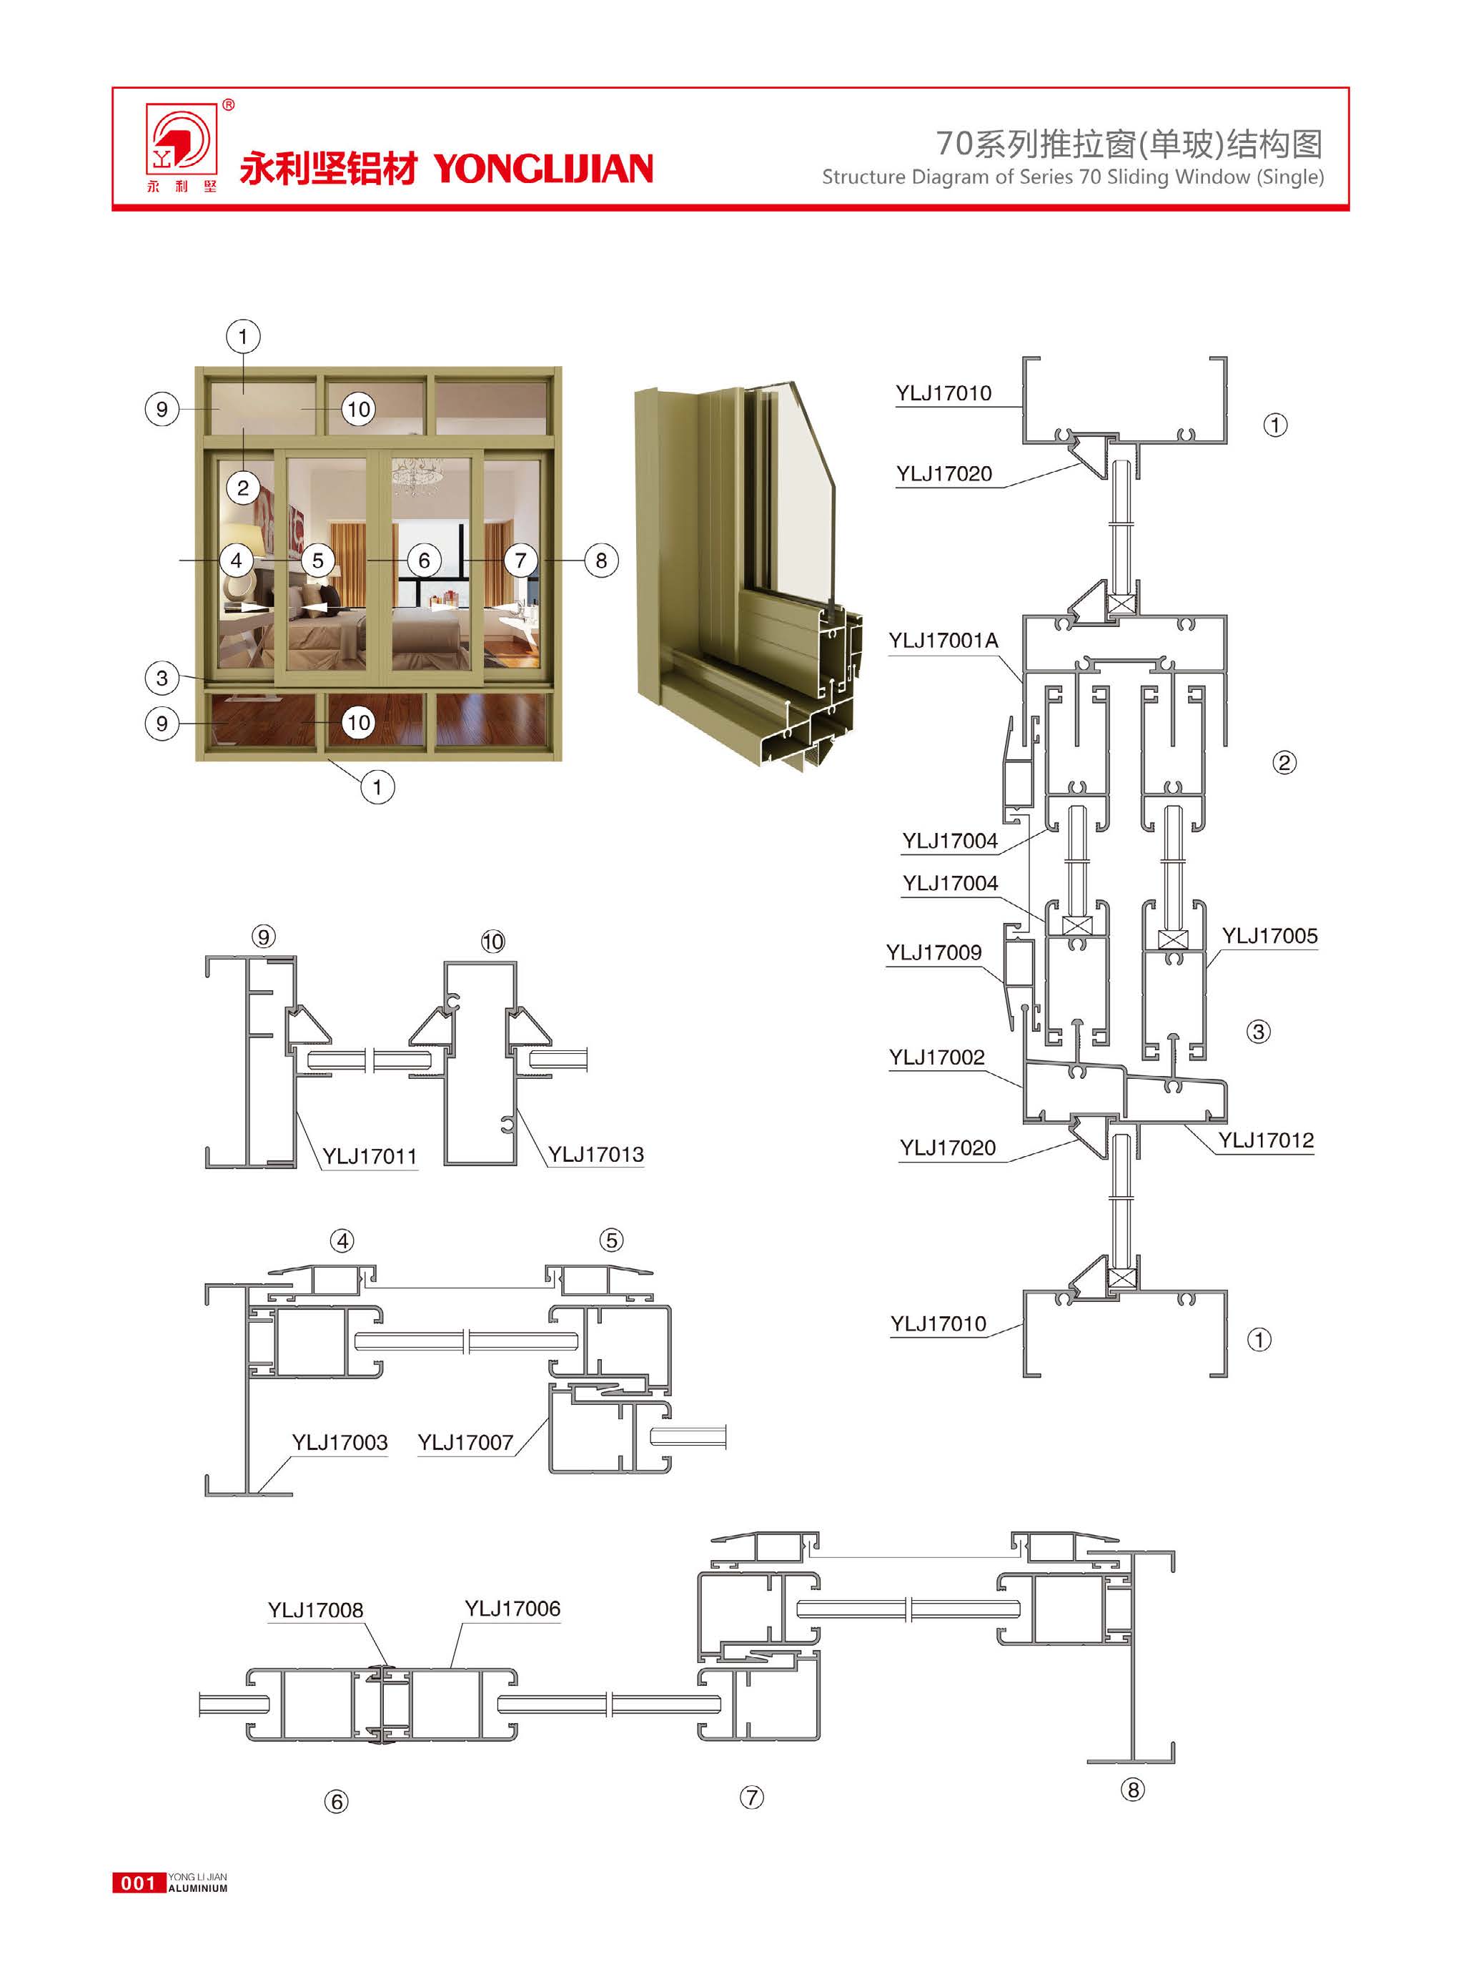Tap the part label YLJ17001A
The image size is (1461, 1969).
pyautogui.click(x=943, y=641)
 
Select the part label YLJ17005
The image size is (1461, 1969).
pyautogui.click(x=1269, y=936)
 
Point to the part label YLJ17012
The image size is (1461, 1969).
pyautogui.click(x=1266, y=1140)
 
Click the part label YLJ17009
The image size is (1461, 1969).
pyautogui.click(x=934, y=952)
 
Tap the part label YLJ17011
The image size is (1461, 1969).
pyautogui.click(x=369, y=1156)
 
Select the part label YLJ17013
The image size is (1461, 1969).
pyautogui.click(x=595, y=1155)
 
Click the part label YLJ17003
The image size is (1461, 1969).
pyautogui.click(x=340, y=1443)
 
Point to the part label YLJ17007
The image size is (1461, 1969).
pyautogui.click(x=465, y=1443)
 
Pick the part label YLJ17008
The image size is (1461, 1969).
pyautogui.click(x=316, y=1610)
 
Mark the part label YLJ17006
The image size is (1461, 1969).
pyautogui.click(x=513, y=1608)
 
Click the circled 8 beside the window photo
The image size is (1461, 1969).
pyautogui.click(x=601, y=560)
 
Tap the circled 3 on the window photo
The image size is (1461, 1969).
pyautogui.click(x=162, y=678)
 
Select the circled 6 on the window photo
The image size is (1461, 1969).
pyautogui.click(x=425, y=560)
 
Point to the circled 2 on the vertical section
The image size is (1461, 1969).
pyautogui.click(x=1284, y=762)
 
